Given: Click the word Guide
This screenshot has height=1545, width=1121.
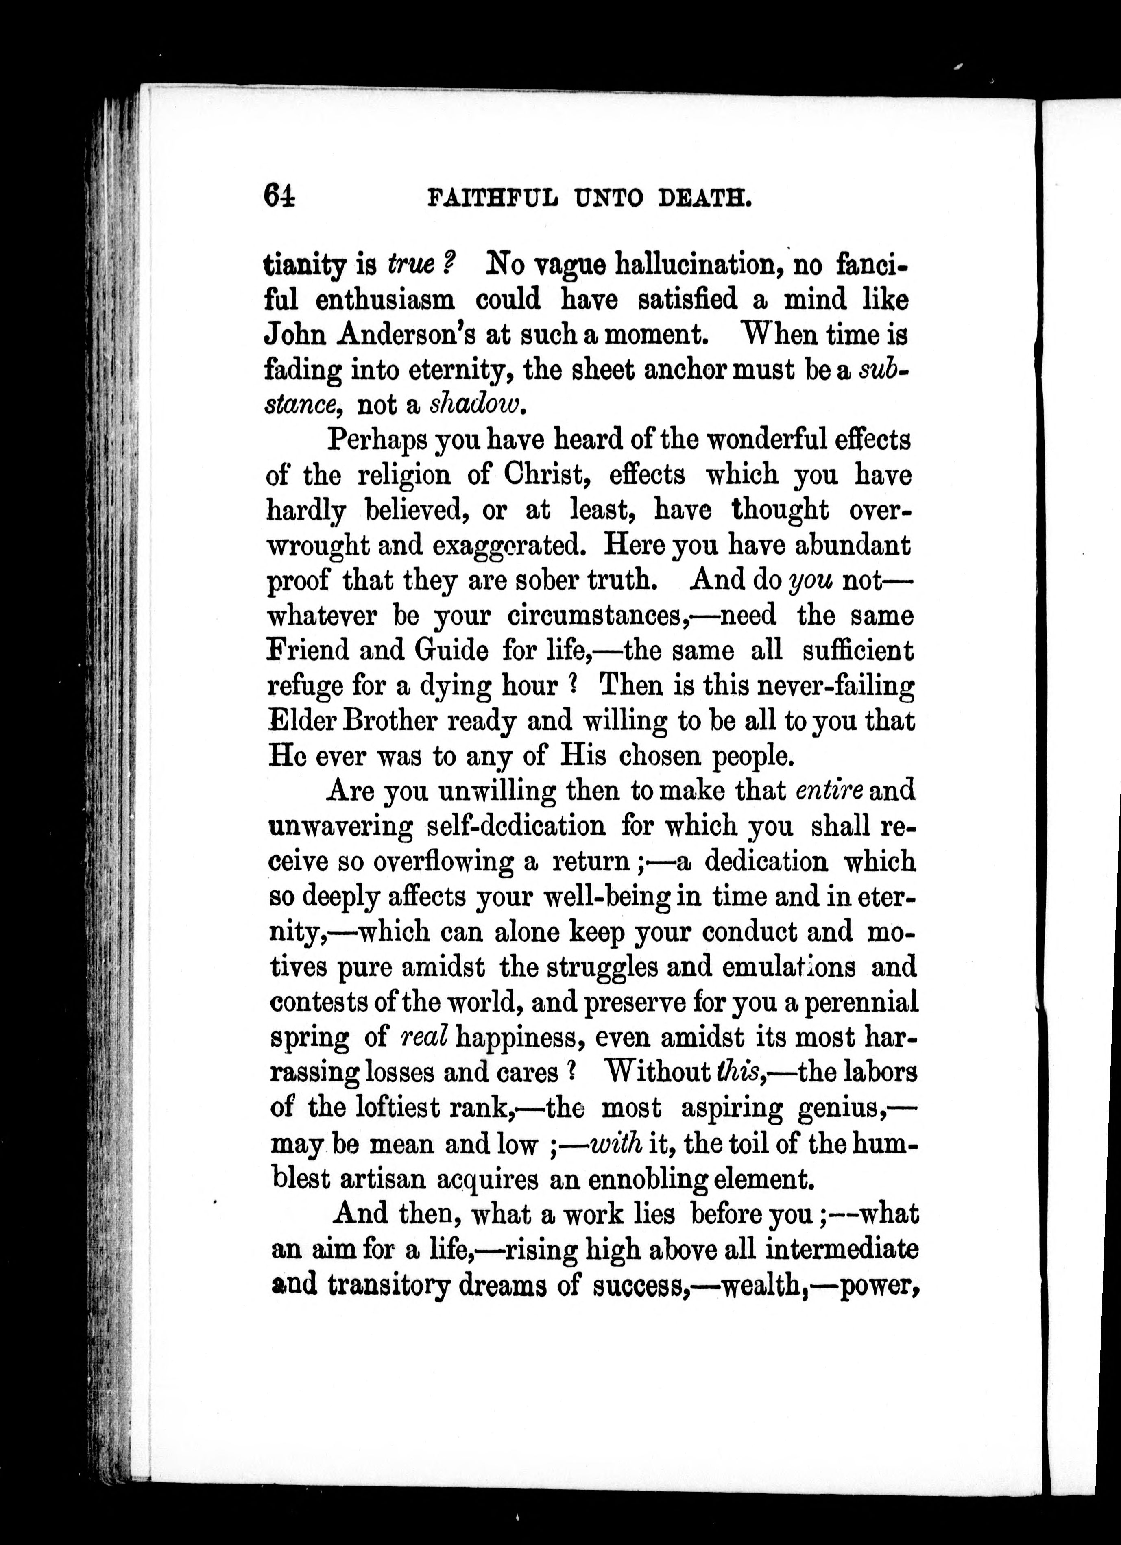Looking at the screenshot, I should pos(451,651).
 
